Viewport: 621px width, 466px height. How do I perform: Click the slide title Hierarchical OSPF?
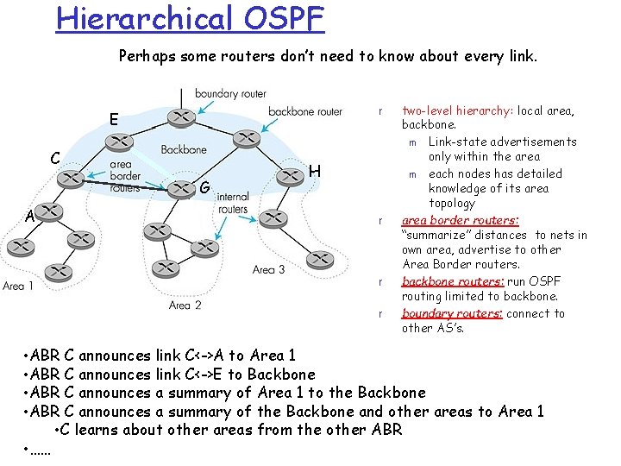(x=190, y=17)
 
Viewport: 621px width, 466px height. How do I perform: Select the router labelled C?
(x=72, y=179)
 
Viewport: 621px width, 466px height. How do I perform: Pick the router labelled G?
(x=179, y=186)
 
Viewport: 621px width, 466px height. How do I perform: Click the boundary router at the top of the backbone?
(x=180, y=116)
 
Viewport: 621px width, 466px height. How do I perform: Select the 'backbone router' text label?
(x=304, y=111)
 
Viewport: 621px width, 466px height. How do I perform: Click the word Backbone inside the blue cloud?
(x=184, y=149)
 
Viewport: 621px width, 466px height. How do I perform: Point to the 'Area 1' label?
(x=19, y=287)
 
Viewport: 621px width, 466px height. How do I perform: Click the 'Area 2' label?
(x=185, y=305)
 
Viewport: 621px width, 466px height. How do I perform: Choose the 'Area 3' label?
(x=268, y=270)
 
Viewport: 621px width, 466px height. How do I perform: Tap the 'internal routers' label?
(x=233, y=203)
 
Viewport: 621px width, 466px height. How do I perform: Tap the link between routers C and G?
(x=125, y=183)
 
